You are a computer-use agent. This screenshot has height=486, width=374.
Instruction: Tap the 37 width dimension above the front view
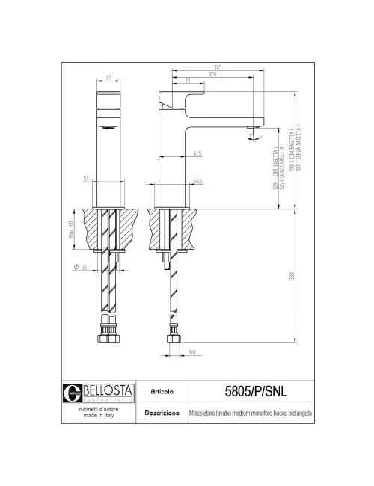click(x=108, y=78)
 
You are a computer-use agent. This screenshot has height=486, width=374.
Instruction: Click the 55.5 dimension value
click(x=197, y=180)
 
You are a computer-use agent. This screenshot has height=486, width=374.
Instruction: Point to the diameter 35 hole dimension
click(x=81, y=267)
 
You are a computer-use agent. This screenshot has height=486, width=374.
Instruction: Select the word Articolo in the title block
click(x=162, y=390)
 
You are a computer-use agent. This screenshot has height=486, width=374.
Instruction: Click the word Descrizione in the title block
click(x=162, y=413)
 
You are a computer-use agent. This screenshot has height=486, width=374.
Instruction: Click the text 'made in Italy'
click(x=96, y=417)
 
